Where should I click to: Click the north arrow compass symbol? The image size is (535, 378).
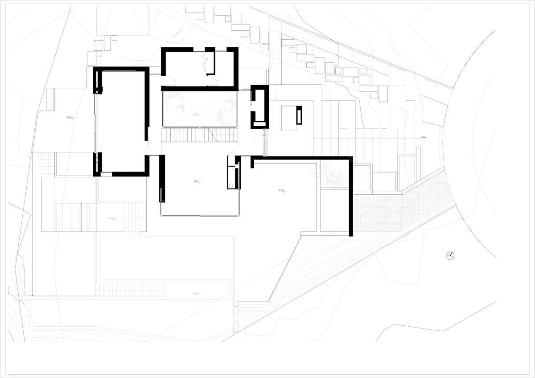pyautogui.click(x=450, y=255)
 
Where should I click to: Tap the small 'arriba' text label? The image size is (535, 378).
pyautogui.click(x=424, y=138)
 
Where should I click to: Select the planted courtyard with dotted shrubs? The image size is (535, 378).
pyautogui.click(x=199, y=108)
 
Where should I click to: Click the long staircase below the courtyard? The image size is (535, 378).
pyautogui.click(x=199, y=134)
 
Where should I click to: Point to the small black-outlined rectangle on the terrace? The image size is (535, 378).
pyautogui.click(x=299, y=115)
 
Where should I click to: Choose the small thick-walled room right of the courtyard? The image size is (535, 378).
pyautogui.click(x=259, y=107)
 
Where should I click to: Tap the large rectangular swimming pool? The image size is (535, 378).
pyautogui.click(x=166, y=258)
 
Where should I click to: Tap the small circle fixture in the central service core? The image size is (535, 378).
pyautogui.click(x=230, y=185)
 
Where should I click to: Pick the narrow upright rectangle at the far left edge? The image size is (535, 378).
pyautogui.click(x=49, y=99)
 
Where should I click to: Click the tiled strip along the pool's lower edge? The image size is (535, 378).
pyautogui.click(x=130, y=290)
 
